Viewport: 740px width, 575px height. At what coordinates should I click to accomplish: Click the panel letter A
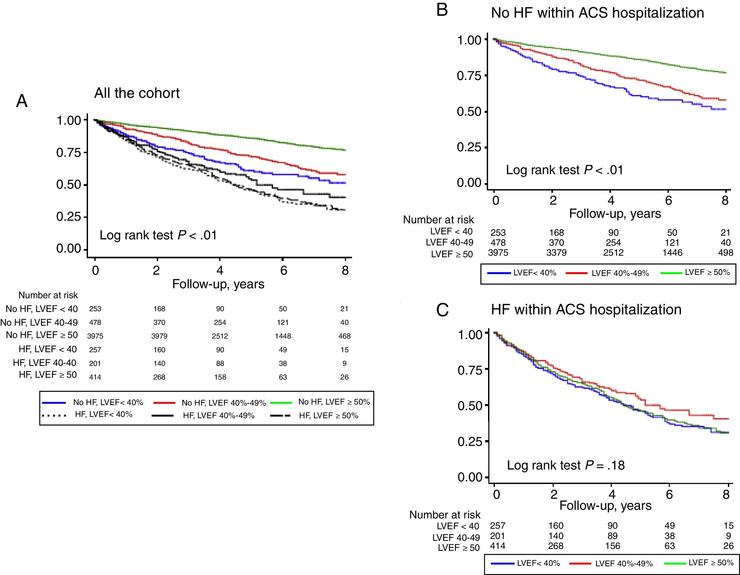point(22,101)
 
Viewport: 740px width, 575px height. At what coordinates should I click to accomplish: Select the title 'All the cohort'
point(137,93)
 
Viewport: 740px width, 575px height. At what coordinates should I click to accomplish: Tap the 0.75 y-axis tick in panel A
point(69,153)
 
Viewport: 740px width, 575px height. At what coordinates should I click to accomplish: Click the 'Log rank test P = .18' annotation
point(566,465)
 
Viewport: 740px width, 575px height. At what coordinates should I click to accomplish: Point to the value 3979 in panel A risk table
point(159,336)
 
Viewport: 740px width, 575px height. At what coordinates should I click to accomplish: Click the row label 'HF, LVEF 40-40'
point(44,363)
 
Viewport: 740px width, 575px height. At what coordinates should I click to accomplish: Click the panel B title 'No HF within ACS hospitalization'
point(597,13)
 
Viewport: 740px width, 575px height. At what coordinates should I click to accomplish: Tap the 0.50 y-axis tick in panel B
point(469,112)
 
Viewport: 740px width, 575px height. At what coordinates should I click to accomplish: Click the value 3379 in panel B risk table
point(556,253)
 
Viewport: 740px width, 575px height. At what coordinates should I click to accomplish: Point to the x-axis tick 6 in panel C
point(669,494)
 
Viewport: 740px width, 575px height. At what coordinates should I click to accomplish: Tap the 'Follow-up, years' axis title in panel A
point(218,284)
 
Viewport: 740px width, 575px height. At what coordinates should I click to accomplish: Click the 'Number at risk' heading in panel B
point(438,220)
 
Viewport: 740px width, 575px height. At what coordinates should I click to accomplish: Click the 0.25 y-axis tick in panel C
point(470,441)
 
